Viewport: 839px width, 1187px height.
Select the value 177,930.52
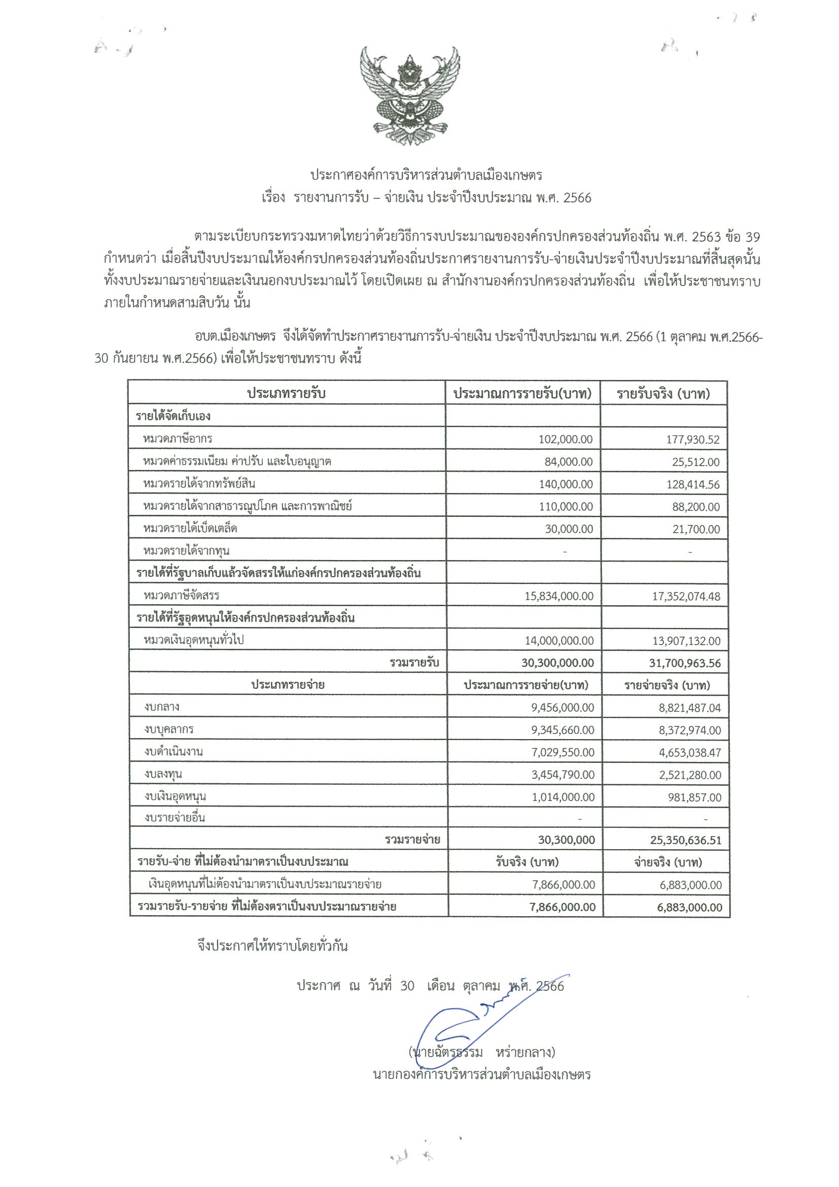pyautogui.click(x=692, y=440)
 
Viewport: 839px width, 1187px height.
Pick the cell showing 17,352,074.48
pyautogui.click(x=685, y=597)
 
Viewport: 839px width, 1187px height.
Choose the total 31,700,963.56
pyautogui.click(x=684, y=664)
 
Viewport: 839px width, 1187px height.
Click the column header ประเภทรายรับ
pyautogui.click(x=286, y=394)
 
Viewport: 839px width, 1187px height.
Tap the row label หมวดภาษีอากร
pyautogui.click(x=178, y=439)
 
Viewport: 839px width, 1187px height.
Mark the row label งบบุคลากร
pyautogui.click(x=169, y=729)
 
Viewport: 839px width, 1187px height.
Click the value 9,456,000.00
pyautogui.click(x=563, y=708)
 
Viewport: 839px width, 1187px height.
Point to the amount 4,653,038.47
pyautogui.click(x=689, y=753)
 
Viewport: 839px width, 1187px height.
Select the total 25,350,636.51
pyautogui.click(x=685, y=841)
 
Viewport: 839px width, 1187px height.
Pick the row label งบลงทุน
pyautogui.click(x=163, y=774)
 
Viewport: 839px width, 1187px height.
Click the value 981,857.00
pyautogui.click(x=694, y=797)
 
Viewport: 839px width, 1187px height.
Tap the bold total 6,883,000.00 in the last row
pyautogui.click(x=689, y=907)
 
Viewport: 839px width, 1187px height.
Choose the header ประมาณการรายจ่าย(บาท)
pyautogui.click(x=526, y=685)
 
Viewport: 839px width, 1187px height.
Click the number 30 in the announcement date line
pyautogui.click(x=407, y=986)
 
